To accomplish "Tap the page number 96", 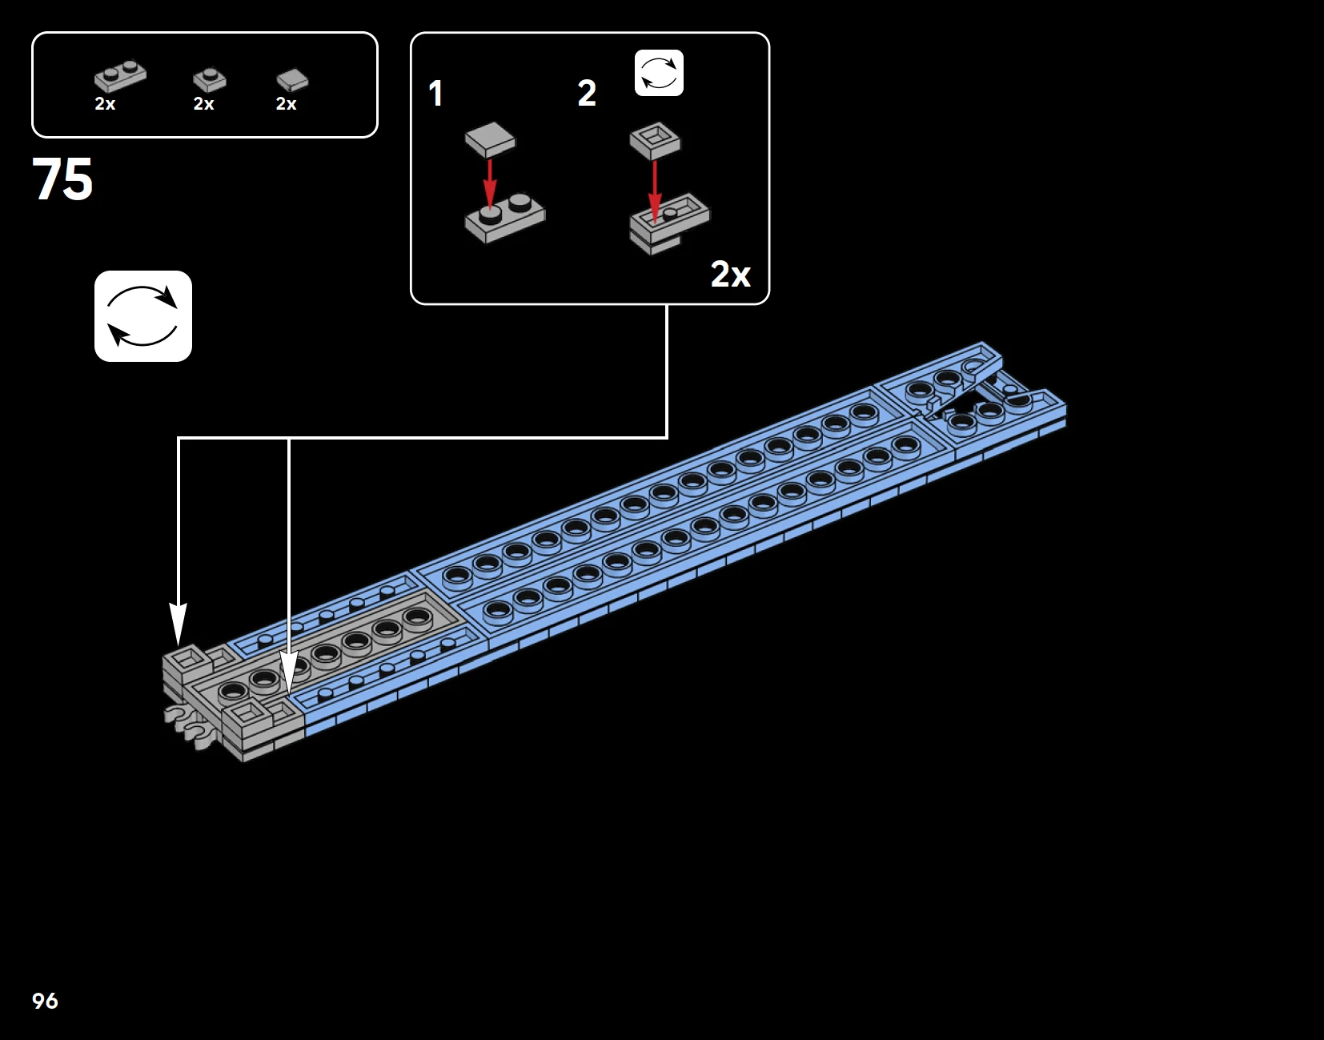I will (45, 1001).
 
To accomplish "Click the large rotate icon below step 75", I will (143, 316).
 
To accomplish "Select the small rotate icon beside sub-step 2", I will (659, 73).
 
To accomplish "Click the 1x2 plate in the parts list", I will (120, 76).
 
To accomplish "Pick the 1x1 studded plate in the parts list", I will (209, 79).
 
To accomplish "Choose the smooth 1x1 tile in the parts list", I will (292, 79).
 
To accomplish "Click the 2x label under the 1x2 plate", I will (105, 104).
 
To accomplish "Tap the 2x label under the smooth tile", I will (286, 104).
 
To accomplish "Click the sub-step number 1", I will (435, 94).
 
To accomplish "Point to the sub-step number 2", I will (587, 94).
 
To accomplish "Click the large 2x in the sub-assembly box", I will (730, 275).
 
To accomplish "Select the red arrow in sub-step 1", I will (490, 182).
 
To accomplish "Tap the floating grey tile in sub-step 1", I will (490, 139).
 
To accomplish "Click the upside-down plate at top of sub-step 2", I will (655, 141).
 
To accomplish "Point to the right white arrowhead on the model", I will (288, 673).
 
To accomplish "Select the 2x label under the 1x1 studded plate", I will (203, 104).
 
